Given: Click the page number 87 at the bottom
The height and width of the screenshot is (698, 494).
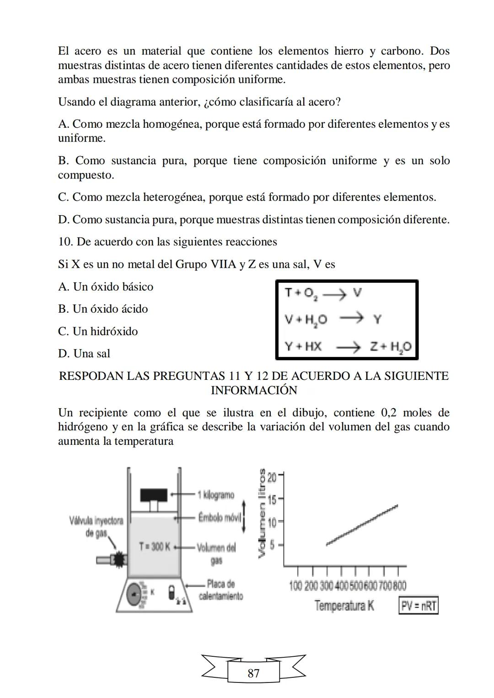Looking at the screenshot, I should pyautogui.click(x=253, y=673).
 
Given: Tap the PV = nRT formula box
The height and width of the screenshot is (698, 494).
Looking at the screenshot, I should pyautogui.click(x=418, y=606).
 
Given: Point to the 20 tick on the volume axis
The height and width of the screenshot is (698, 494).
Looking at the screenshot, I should pyautogui.click(x=272, y=478).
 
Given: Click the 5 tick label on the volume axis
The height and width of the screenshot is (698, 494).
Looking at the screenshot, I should pyautogui.click(x=272, y=545).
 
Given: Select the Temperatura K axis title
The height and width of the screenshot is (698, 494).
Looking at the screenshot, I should pyautogui.click(x=344, y=606).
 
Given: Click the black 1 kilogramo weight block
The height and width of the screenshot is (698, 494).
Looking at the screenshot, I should pyautogui.click(x=154, y=495).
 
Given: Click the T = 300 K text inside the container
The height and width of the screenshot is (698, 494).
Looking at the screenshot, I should pyautogui.click(x=155, y=546).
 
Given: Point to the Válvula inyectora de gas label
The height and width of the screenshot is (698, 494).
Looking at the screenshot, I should pyautogui.click(x=96, y=526).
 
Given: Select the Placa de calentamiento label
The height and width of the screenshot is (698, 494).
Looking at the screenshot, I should pyautogui.click(x=220, y=590).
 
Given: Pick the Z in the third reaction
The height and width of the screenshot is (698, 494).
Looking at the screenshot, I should pyautogui.click(x=374, y=346).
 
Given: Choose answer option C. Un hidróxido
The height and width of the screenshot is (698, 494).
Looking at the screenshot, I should pyautogui.click(x=98, y=331).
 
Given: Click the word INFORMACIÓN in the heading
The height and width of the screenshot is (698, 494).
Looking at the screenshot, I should pyautogui.click(x=254, y=390).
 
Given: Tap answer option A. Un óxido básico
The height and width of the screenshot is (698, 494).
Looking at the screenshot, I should pyautogui.click(x=106, y=287).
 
